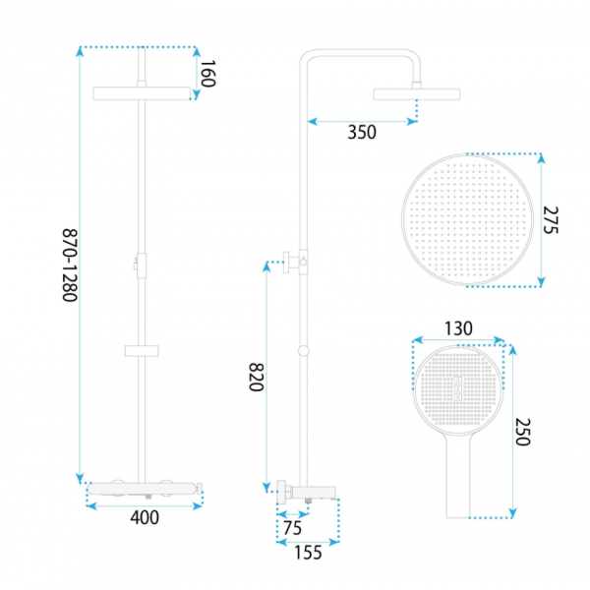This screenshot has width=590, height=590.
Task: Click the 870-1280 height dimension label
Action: (70, 265)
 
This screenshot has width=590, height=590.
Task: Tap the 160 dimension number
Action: (207, 74)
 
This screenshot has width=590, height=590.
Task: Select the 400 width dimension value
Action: (145, 518)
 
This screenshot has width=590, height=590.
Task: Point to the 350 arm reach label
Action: (362, 132)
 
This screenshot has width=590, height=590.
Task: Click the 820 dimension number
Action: (257, 377)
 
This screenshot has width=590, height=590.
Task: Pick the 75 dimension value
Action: (292, 528)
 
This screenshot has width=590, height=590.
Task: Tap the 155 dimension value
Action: (308, 553)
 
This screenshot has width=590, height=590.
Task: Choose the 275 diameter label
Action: (551, 220)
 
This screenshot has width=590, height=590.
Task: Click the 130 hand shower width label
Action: (458, 328)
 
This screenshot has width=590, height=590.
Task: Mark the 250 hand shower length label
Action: (523, 432)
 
